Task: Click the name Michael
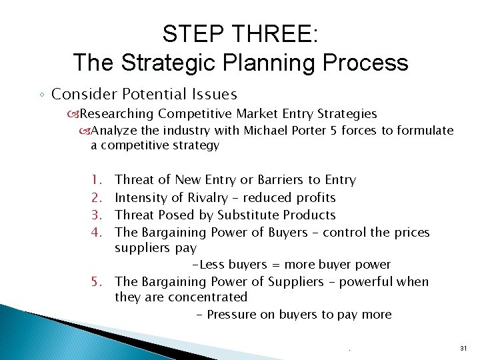coord(266,131)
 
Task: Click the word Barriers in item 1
coord(281,180)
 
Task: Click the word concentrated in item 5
coord(208,297)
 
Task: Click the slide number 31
coord(463,349)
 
